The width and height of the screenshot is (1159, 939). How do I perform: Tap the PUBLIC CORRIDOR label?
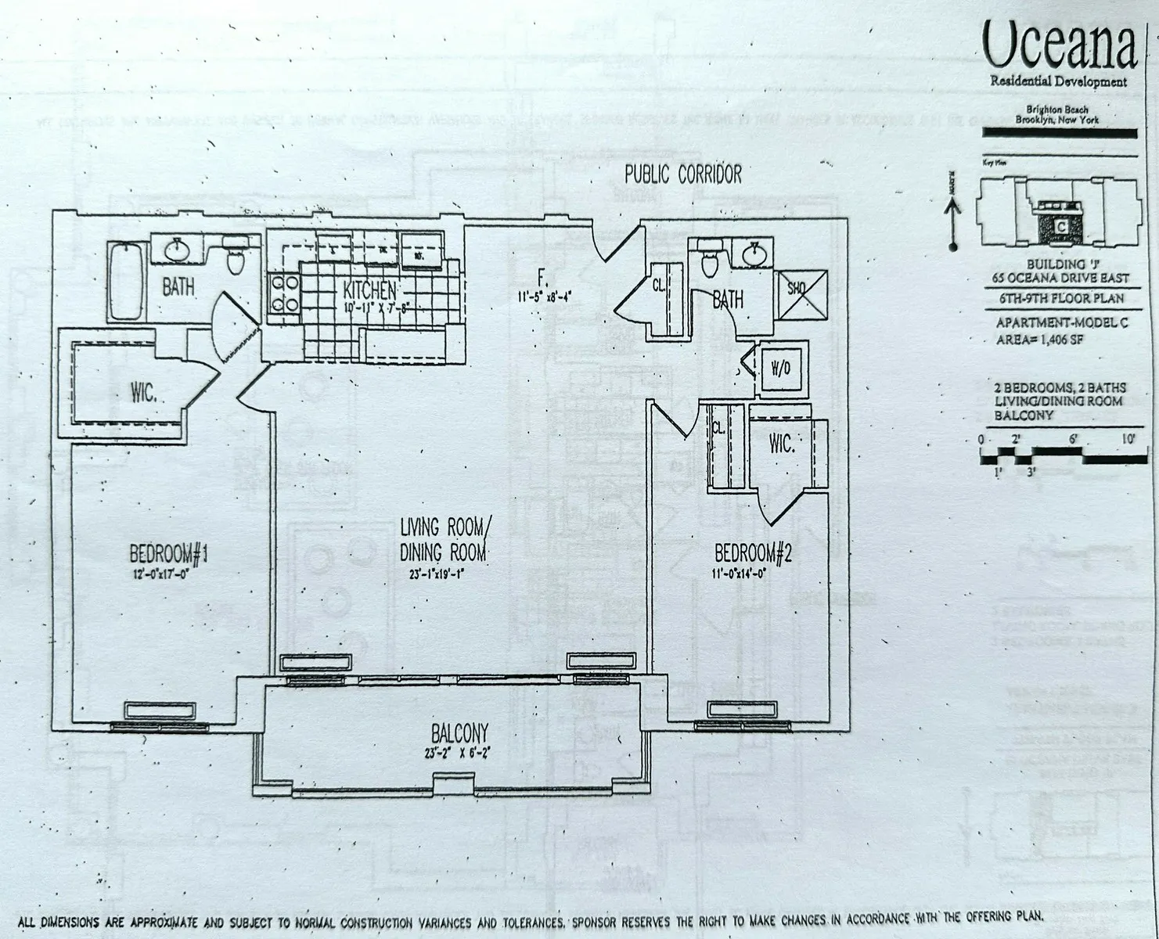pos(682,174)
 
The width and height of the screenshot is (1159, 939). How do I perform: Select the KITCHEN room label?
pos(369,291)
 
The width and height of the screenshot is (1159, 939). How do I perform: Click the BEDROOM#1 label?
pos(168,554)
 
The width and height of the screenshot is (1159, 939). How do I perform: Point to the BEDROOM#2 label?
pos(754,554)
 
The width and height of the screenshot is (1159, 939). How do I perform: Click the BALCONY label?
pos(459,733)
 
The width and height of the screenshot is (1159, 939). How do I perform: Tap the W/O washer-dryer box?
pos(780,368)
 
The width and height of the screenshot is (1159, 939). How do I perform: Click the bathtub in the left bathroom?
pos(126,281)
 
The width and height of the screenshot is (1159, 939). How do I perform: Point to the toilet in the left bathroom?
pos(236,257)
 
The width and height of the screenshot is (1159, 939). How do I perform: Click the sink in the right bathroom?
pos(753,254)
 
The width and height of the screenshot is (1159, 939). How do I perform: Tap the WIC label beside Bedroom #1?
pos(143,394)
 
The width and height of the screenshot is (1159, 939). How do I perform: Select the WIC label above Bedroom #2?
pos(781,444)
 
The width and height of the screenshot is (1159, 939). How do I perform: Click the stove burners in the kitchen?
pos(283,293)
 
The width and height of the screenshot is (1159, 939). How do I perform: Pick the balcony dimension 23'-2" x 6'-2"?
pos(459,754)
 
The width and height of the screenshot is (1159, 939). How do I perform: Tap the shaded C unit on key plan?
pos(1060,225)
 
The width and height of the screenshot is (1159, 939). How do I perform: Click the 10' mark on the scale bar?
pos(1127,440)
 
